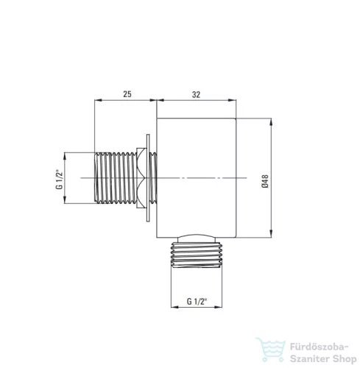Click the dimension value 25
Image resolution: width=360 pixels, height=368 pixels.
pos(127,94)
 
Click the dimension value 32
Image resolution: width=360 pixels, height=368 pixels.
pos(196,94)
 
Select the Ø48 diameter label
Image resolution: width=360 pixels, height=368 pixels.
pos(265,181)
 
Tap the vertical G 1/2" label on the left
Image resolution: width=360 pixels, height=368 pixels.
pos(60,180)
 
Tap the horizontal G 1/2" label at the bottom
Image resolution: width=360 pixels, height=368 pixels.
pos(197,301)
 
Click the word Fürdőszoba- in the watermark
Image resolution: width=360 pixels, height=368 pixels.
pos(319,347)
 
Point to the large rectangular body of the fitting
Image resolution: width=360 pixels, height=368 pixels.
pos(197,178)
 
